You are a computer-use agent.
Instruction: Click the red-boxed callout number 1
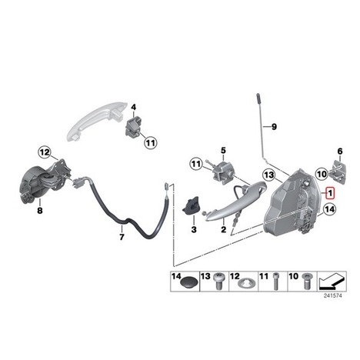tap(330, 193)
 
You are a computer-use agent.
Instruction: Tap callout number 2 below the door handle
tap(224, 229)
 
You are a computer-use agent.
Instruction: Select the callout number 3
tap(194, 229)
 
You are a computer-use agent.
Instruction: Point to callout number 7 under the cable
tap(122, 237)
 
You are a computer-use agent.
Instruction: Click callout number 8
tap(40, 211)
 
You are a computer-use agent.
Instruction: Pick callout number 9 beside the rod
tap(274, 127)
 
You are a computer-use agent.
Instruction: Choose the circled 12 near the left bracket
tap(45, 152)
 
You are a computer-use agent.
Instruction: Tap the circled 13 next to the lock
tap(269, 175)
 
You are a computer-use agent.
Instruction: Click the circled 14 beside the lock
tap(329, 209)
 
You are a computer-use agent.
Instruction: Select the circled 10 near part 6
tap(322, 174)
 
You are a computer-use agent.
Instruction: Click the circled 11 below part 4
tap(151, 142)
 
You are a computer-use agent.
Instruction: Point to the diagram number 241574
tap(332, 295)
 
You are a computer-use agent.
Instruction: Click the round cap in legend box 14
tap(189, 284)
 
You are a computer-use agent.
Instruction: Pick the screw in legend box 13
tap(218, 281)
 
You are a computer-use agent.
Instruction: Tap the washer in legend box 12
tap(245, 284)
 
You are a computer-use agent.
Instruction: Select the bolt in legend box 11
tap(275, 282)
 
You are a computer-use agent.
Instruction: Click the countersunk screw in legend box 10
tap(306, 281)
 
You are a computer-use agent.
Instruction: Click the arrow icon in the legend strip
tap(332, 281)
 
